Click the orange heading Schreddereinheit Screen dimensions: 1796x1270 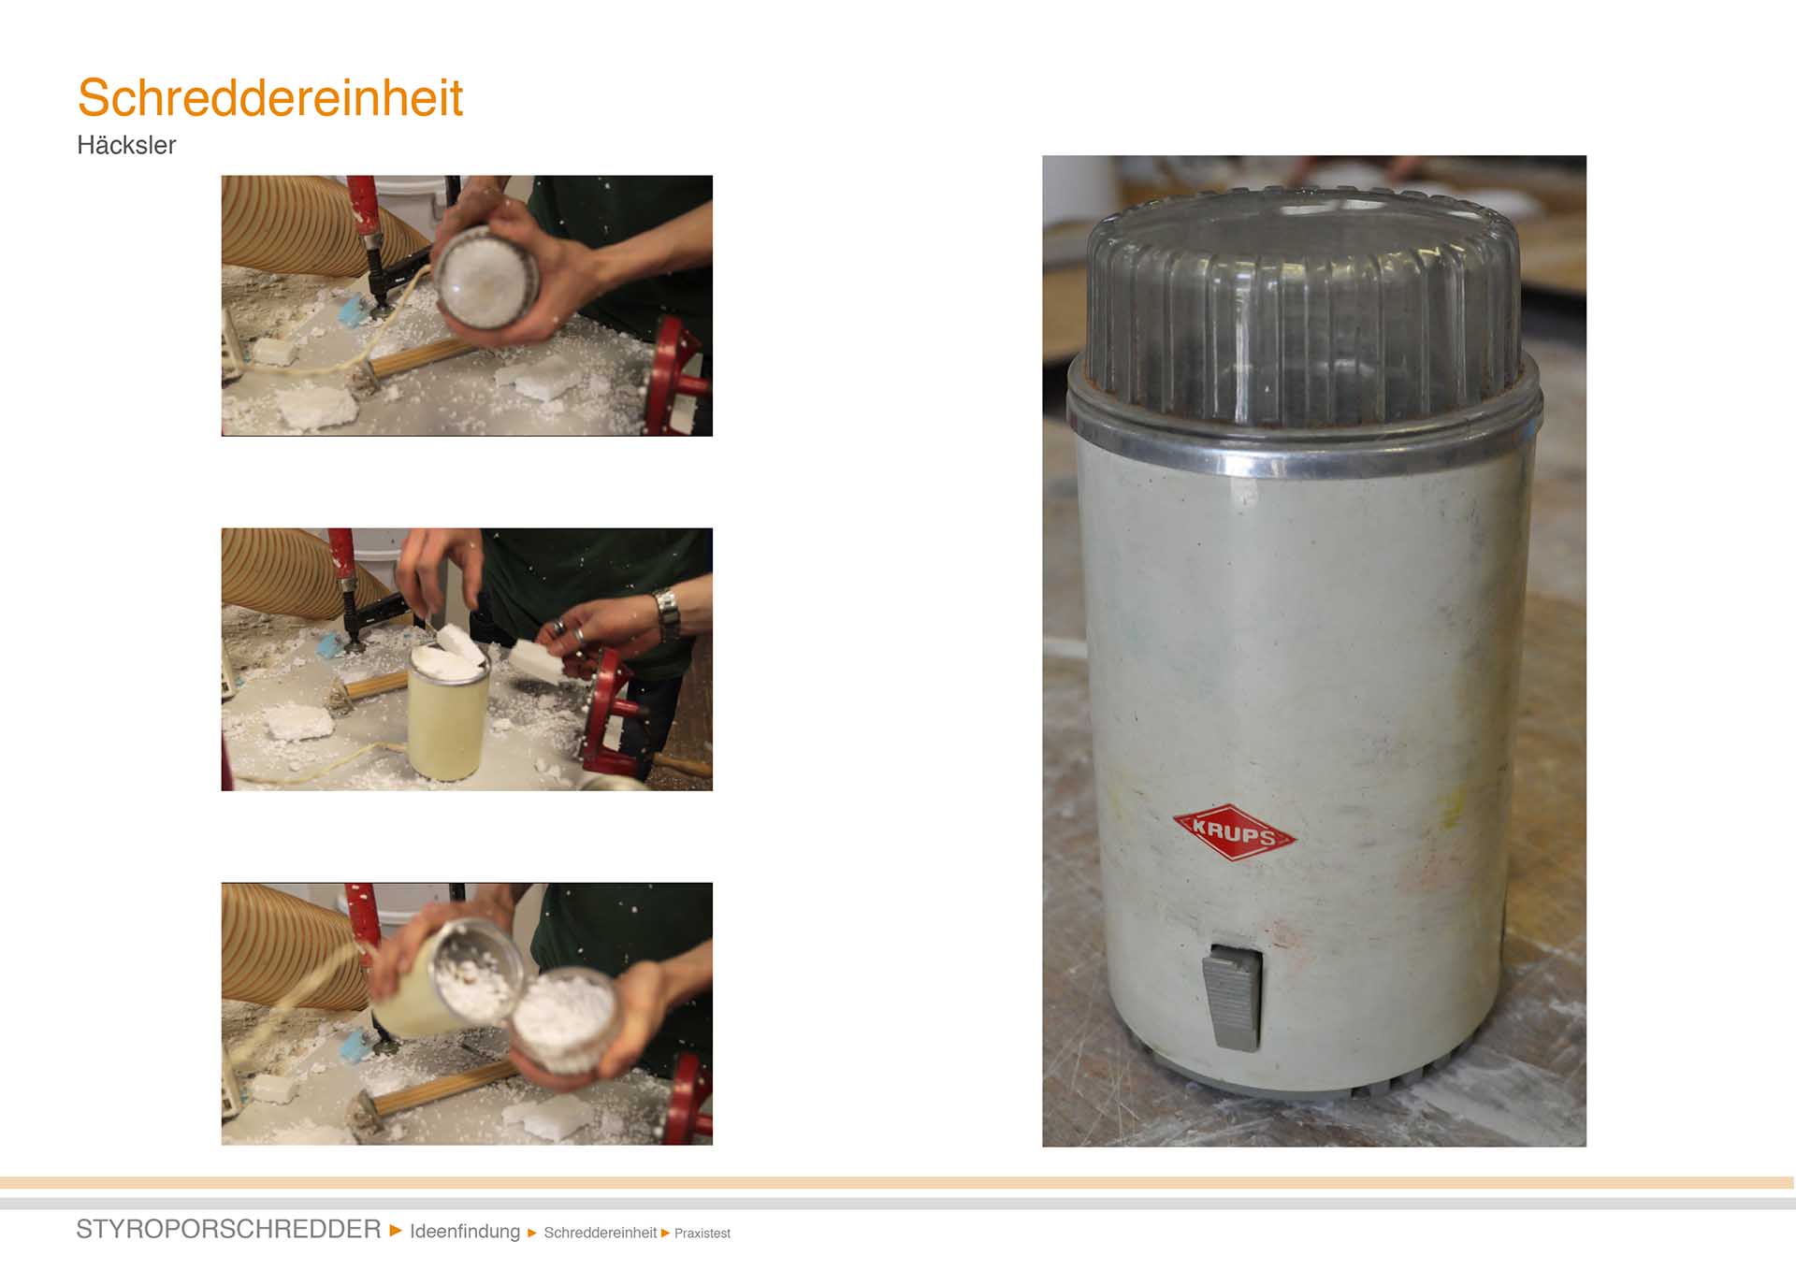pyautogui.click(x=269, y=97)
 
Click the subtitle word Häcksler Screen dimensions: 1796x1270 pyautogui.click(x=126, y=145)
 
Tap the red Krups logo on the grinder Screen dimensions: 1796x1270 pyautogui.click(x=1234, y=831)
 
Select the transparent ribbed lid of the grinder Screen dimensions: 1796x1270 pyautogui.click(x=1304, y=304)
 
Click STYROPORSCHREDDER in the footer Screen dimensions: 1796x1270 pyautogui.click(x=228, y=1229)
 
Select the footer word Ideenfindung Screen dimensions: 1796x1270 pyautogui.click(x=465, y=1232)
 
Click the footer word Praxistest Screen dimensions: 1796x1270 pyautogui.click(x=702, y=1234)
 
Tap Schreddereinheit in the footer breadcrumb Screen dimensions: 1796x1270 pyautogui.click(x=600, y=1233)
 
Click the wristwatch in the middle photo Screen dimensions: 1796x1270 pyautogui.click(x=666, y=613)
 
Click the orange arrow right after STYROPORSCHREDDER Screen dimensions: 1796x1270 pyautogui.click(x=396, y=1230)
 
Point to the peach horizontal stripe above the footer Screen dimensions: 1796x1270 pyautogui.click(x=898, y=1183)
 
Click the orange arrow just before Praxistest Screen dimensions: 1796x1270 pyautogui.click(x=665, y=1233)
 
